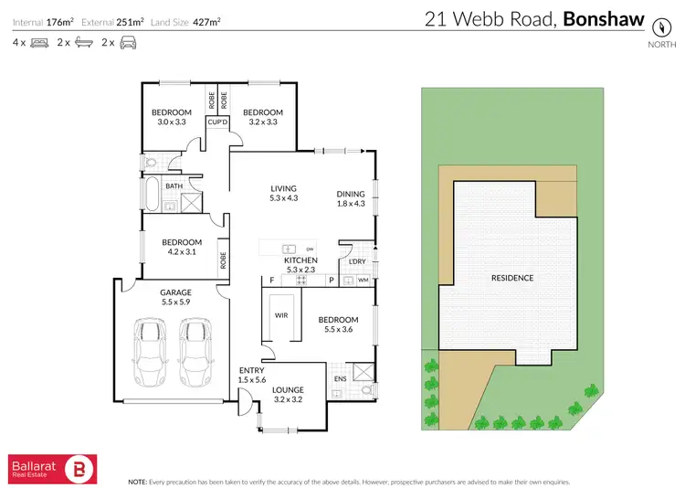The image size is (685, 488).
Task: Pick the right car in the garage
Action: [x=195, y=352]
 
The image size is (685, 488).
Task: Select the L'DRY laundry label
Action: [x=357, y=263]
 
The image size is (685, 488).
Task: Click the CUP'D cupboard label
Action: [x=217, y=122]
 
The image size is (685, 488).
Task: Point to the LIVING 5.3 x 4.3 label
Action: [x=284, y=193]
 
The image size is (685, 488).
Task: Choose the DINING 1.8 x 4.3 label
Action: [x=351, y=198]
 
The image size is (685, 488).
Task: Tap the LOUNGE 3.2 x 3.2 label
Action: [x=287, y=393]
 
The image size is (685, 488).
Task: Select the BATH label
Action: [x=173, y=186]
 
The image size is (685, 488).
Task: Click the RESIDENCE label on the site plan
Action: [x=512, y=278]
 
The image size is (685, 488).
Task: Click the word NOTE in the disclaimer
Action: [x=137, y=481]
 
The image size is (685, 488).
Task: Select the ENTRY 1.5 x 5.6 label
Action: [x=251, y=375]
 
